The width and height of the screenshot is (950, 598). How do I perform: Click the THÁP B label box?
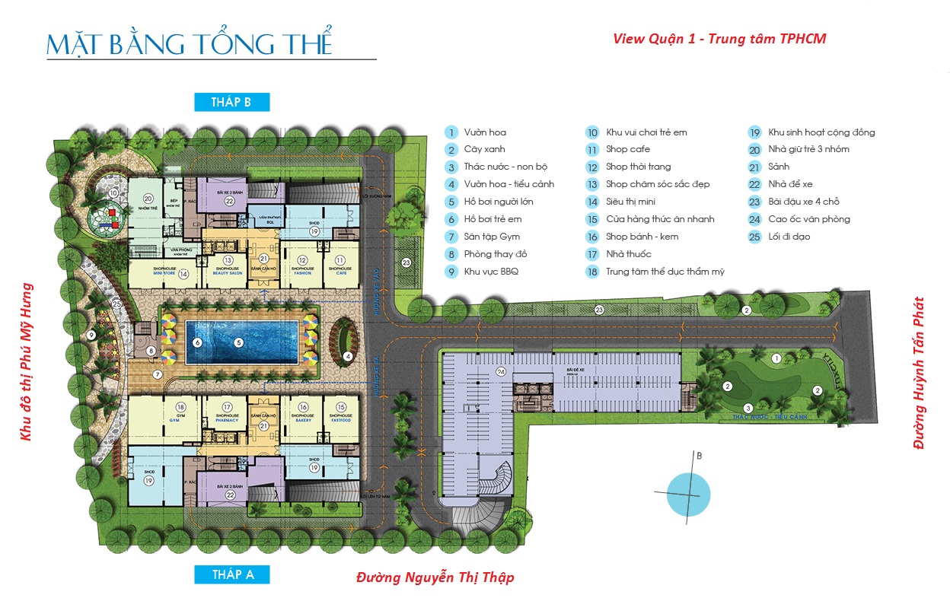pyautogui.click(x=231, y=102)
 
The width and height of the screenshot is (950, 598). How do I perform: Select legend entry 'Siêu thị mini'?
pyautogui.click(x=630, y=202)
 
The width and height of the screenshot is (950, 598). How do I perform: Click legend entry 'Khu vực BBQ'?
pyautogui.click(x=491, y=272)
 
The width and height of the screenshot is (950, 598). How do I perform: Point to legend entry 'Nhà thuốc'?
pyautogui.click(x=629, y=254)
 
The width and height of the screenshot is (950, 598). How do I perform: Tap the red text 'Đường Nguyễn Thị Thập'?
pyautogui.click(x=435, y=577)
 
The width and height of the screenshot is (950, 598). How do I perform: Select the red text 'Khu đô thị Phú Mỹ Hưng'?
pyautogui.click(x=27, y=362)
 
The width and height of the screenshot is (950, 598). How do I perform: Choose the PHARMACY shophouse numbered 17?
pyautogui.click(x=227, y=411)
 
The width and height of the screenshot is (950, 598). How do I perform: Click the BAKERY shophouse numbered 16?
pyautogui.click(x=303, y=411)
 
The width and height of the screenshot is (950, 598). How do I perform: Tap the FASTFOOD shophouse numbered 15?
pyautogui.click(x=341, y=411)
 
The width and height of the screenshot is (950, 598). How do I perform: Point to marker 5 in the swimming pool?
pyautogui.click(x=238, y=342)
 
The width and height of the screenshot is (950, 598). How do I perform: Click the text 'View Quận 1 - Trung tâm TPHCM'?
pyautogui.click(x=719, y=39)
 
